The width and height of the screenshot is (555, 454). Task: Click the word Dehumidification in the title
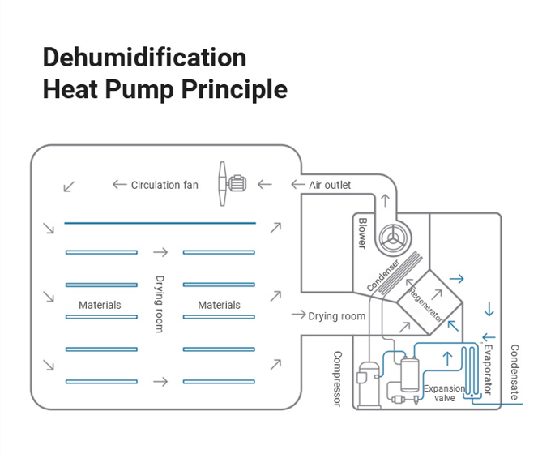tap(144, 58)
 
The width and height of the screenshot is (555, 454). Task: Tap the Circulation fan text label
tap(164, 185)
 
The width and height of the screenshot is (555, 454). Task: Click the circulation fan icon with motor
tap(229, 183)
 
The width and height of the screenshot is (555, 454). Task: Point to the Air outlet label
tap(330, 185)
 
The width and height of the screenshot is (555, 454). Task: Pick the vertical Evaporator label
tap(487, 369)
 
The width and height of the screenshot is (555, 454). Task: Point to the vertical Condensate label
tap(514, 372)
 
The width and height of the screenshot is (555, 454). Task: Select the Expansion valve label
tap(445, 393)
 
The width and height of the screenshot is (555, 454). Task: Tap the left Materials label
tap(100, 306)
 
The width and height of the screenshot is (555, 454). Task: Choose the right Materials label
tap(219, 306)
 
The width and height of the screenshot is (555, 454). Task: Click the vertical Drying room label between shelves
tap(160, 304)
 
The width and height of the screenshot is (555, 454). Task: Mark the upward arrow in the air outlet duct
tap(385, 199)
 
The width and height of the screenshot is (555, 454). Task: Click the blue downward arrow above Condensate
tap(489, 309)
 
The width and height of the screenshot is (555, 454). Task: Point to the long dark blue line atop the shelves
tap(160, 223)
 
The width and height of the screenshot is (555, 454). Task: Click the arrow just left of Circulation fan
tap(119, 185)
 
